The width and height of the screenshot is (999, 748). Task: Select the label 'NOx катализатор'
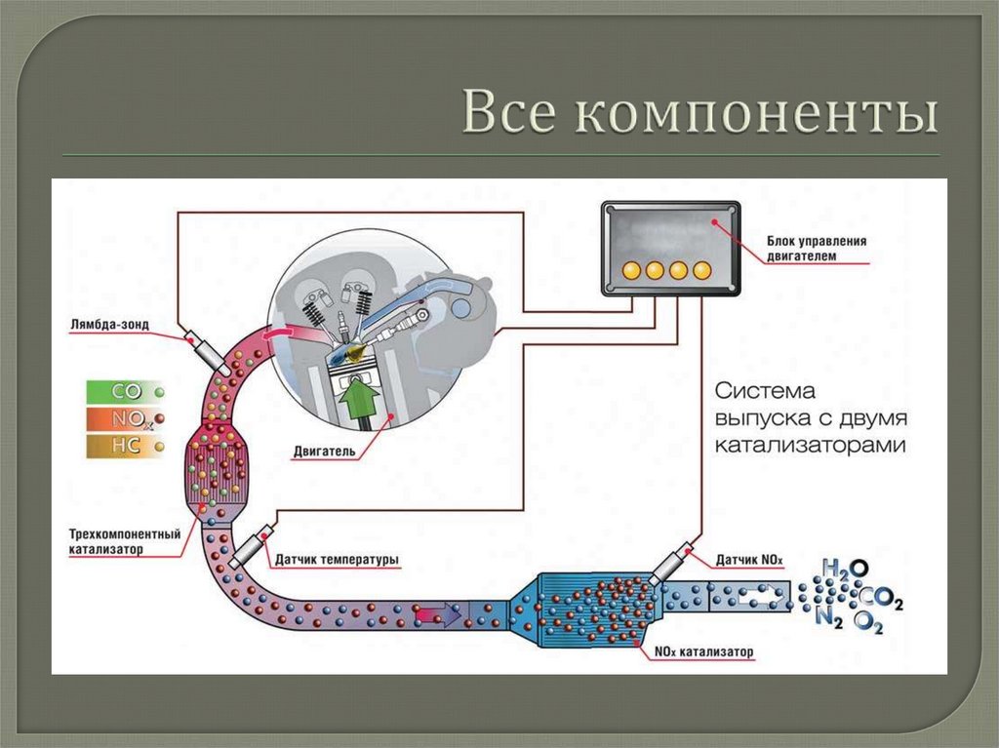704,650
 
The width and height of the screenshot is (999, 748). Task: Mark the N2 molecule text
828,616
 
